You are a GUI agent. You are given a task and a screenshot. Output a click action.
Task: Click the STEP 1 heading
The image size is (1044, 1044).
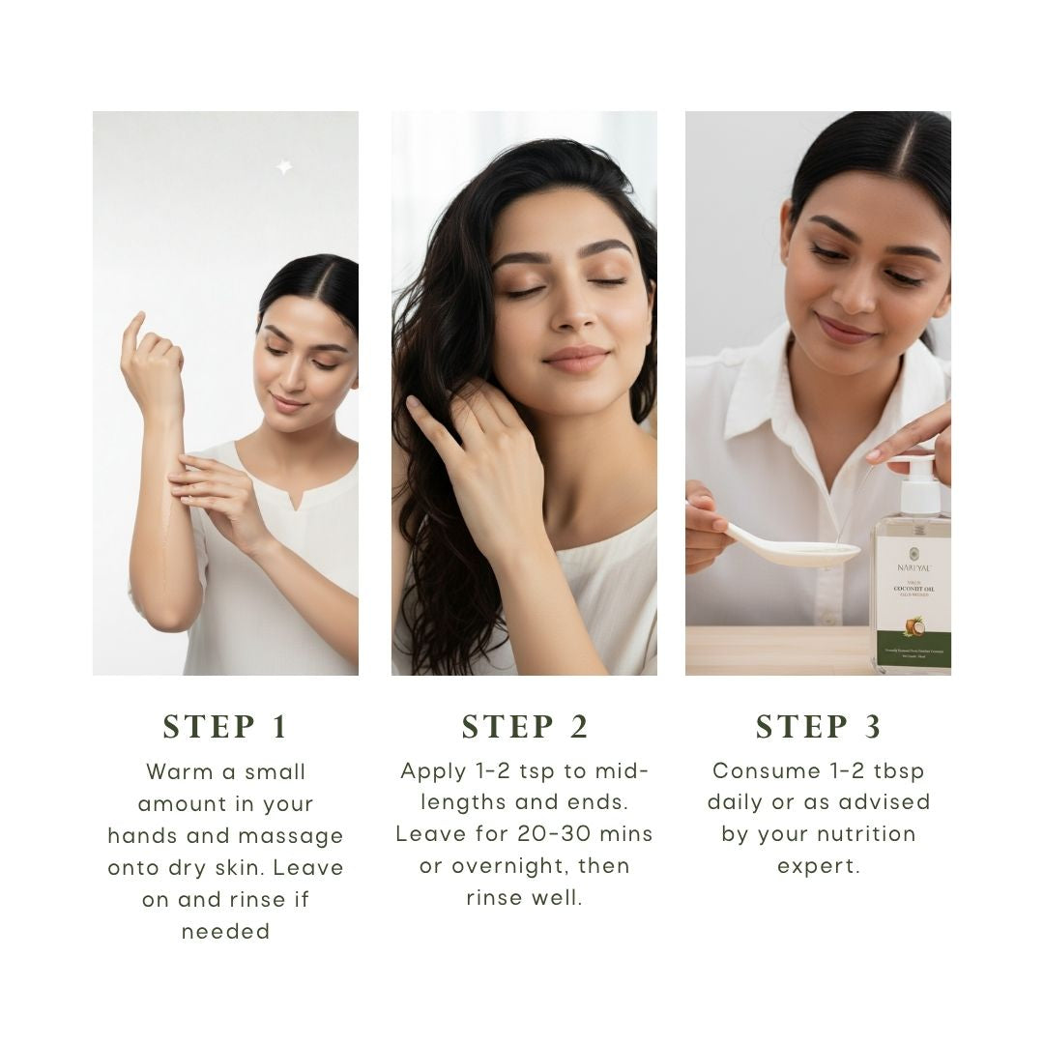point(225,727)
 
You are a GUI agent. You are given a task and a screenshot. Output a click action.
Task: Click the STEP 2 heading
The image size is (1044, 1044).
point(525,727)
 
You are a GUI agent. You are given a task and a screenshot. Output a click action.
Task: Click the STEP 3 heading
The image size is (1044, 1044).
point(818,727)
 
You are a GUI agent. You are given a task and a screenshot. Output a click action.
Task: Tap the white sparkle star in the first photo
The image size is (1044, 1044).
point(283,167)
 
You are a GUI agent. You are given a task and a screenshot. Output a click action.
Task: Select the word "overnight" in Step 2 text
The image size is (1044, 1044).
point(507,866)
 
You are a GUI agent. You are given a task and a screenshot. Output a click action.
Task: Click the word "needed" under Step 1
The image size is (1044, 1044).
point(225,932)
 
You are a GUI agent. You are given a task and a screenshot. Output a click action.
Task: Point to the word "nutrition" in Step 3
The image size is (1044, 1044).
point(866,834)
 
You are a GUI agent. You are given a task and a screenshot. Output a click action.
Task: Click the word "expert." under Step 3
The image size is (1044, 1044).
point(818,866)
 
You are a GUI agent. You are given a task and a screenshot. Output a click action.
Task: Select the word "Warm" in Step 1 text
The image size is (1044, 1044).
point(177,772)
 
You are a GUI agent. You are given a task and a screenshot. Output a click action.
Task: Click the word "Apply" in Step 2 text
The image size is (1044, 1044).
point(432,771)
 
